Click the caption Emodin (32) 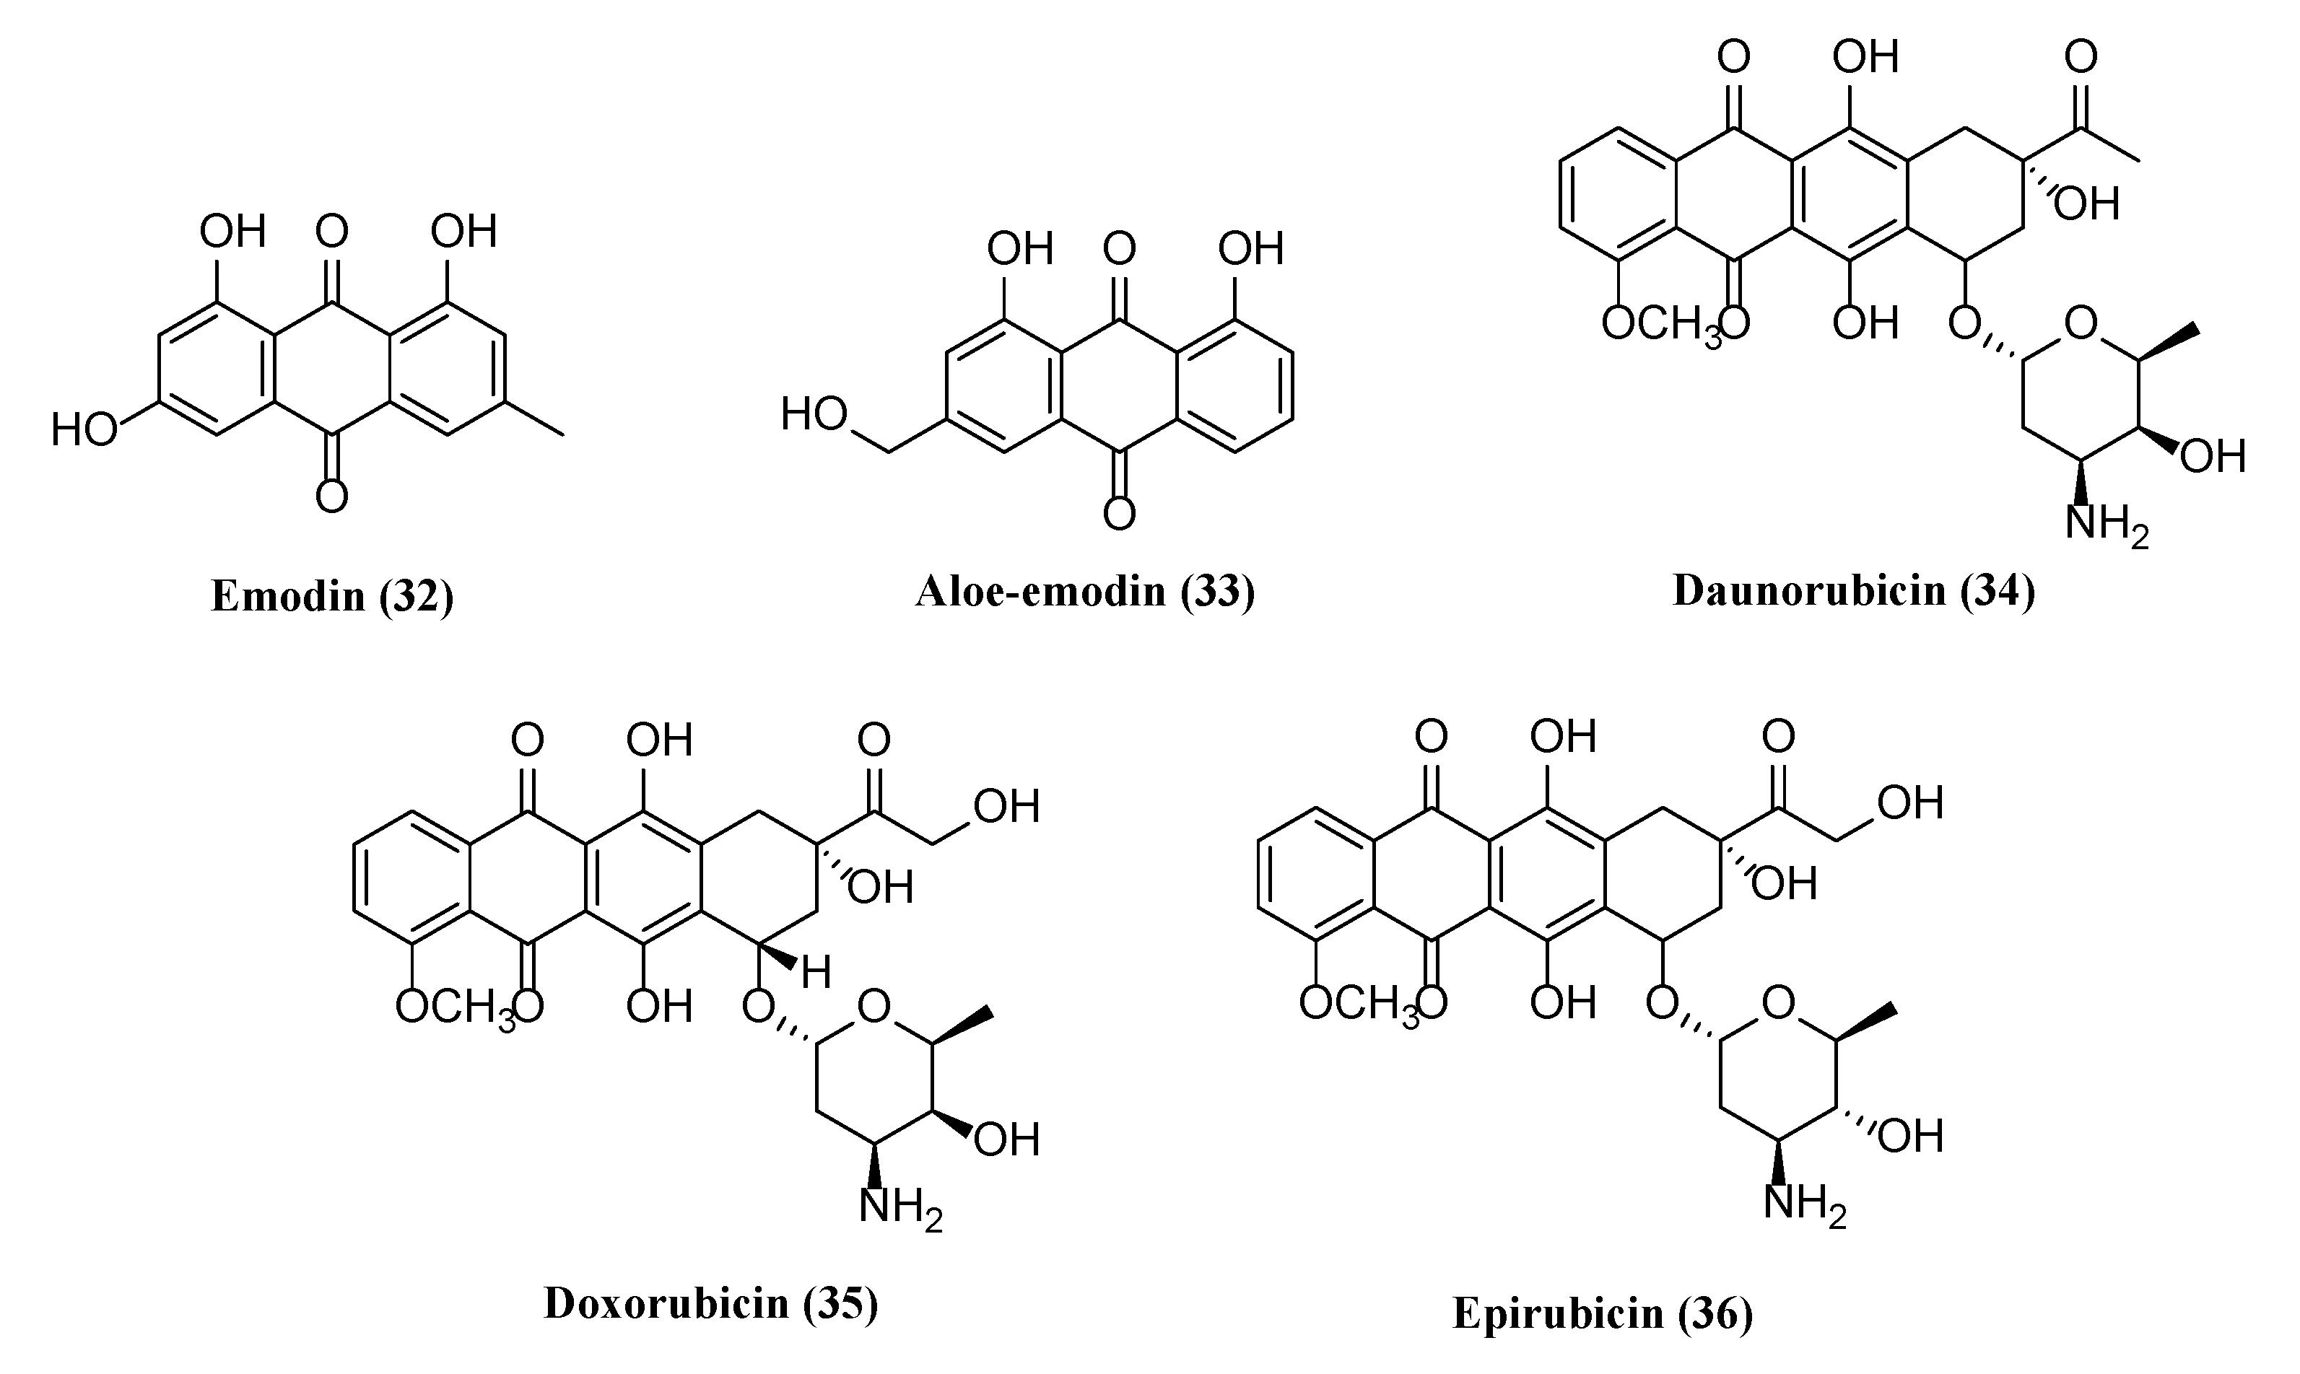coord(332,595)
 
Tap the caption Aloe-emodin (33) coord(1085,591)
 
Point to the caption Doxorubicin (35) coord(710,1303)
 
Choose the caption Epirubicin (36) coord(1602,1312)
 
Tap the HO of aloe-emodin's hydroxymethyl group coord(814,414)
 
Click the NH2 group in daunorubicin coord(2106,525)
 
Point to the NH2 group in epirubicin coord(1804,1204)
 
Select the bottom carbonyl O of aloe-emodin coord(1120,514)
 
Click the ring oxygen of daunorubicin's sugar coord(2081,325)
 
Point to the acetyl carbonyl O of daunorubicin coord(2081,58)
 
